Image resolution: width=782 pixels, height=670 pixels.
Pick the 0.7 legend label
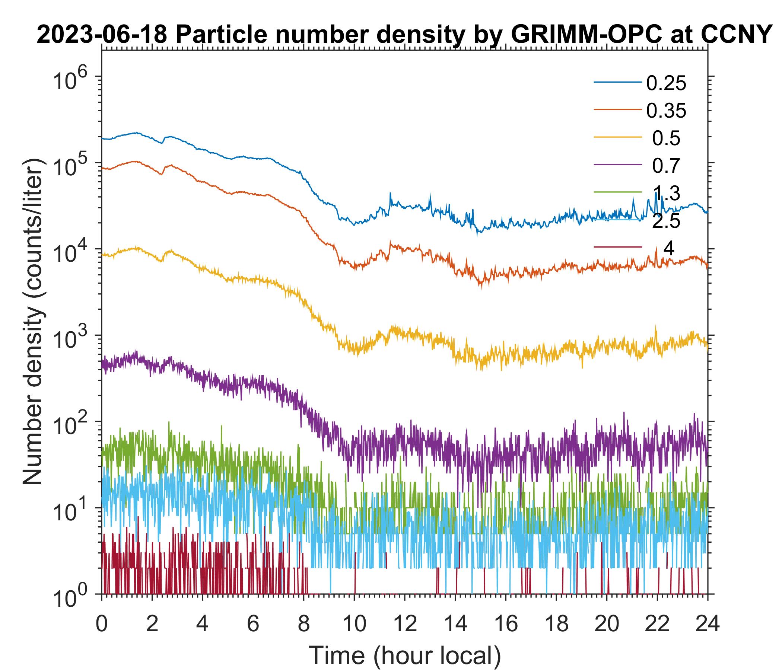click(666, 166)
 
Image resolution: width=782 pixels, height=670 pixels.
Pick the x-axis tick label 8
click(303, 623)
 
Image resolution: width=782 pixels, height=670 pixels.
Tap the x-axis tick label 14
click(455, 623)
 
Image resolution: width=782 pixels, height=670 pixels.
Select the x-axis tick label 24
click(707, 623)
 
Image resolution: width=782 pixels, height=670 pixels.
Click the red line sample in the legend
click(617, 248)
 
